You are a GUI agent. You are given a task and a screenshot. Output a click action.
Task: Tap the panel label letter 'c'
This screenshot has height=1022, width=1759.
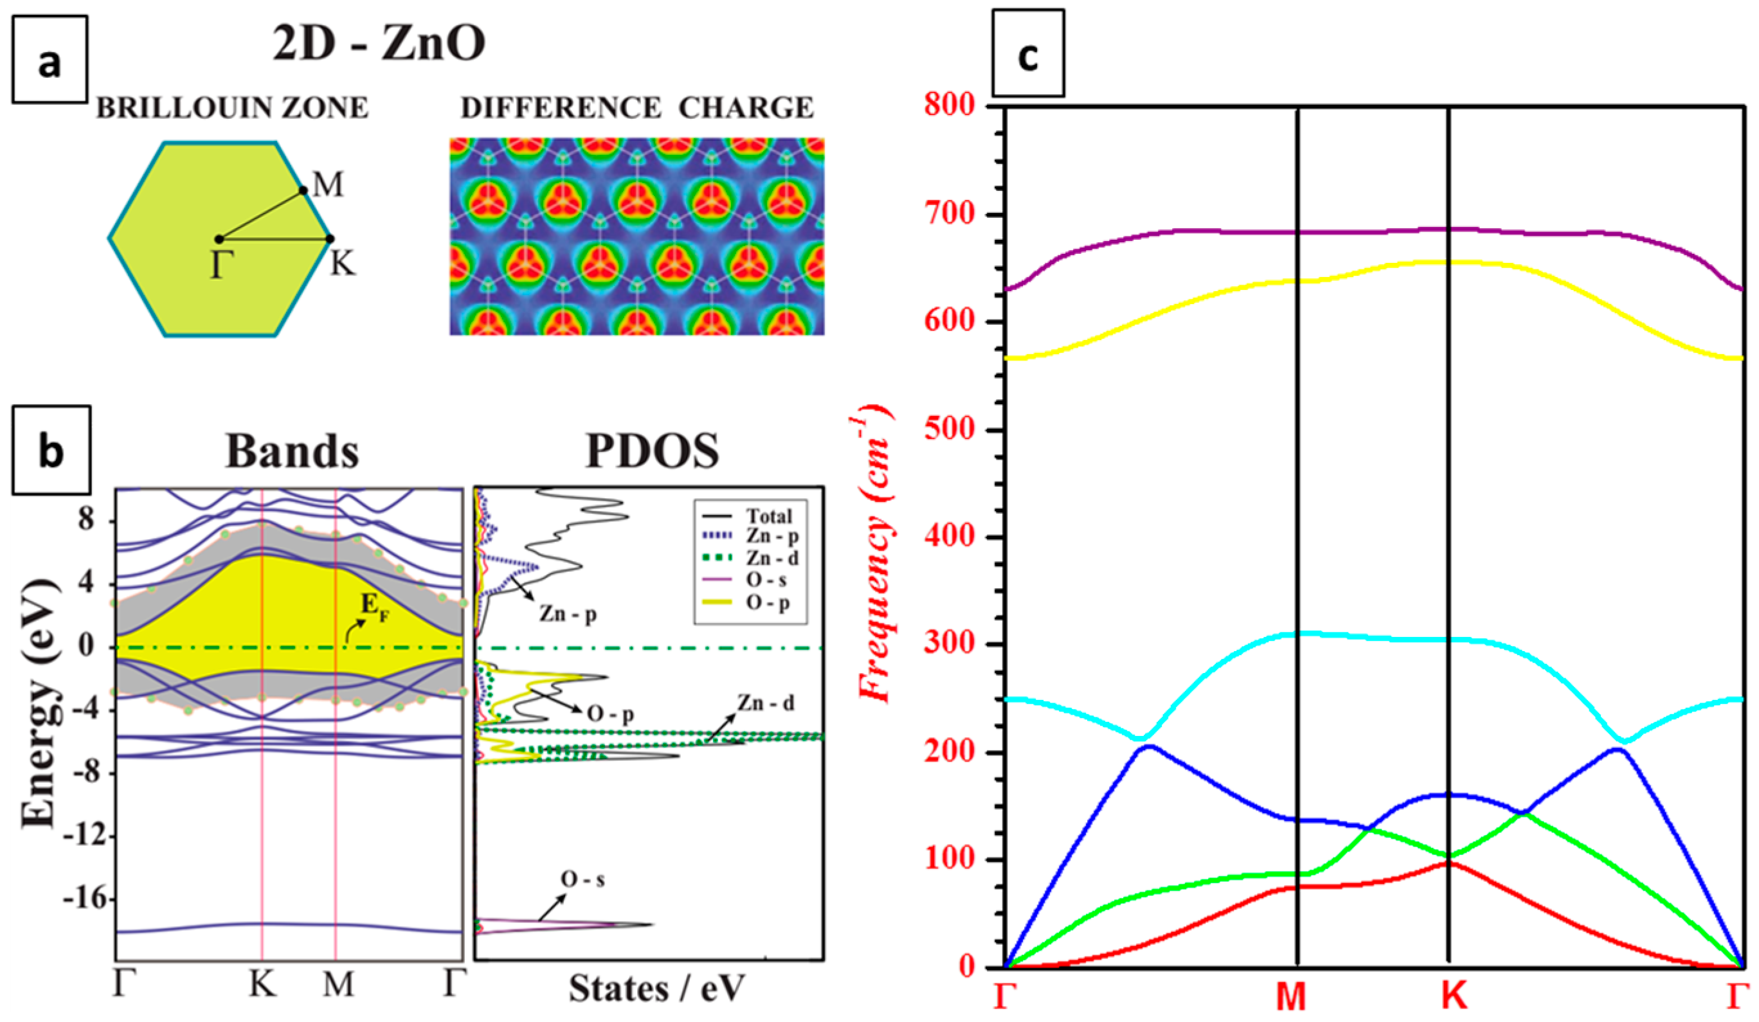coord(1027,54)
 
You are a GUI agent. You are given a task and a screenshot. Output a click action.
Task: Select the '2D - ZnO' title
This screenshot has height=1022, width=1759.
coord(379,43)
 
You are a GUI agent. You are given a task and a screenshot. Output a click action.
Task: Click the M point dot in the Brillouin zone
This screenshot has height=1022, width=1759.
coord(303,190)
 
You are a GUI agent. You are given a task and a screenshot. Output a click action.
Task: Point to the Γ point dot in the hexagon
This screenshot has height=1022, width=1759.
coord(219,240)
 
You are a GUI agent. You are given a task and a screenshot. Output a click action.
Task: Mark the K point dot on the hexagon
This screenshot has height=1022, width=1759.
coord(330,238)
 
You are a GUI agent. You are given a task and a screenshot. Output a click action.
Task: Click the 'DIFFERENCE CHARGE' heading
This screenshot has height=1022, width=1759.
coord(636,108)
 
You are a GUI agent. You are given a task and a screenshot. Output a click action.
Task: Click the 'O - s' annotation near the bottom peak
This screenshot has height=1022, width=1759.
coord(583,879)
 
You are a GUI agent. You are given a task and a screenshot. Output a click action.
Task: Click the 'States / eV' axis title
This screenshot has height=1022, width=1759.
coord(656,989)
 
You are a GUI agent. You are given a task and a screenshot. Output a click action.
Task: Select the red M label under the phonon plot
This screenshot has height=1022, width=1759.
coord(1292,997)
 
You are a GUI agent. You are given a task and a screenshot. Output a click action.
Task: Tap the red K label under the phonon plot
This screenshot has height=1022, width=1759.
coord(1454,997)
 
